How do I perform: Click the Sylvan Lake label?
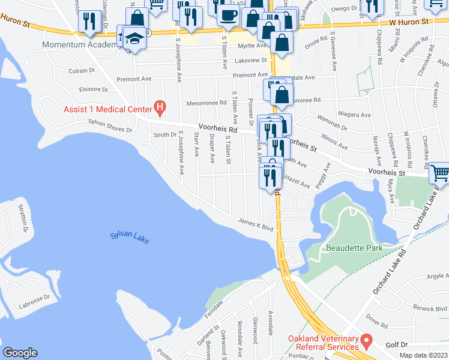128,238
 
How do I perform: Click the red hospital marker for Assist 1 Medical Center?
160,108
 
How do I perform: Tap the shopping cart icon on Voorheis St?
440,173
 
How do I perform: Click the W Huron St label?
411,22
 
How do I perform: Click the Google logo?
20,353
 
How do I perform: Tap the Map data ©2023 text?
424,355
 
